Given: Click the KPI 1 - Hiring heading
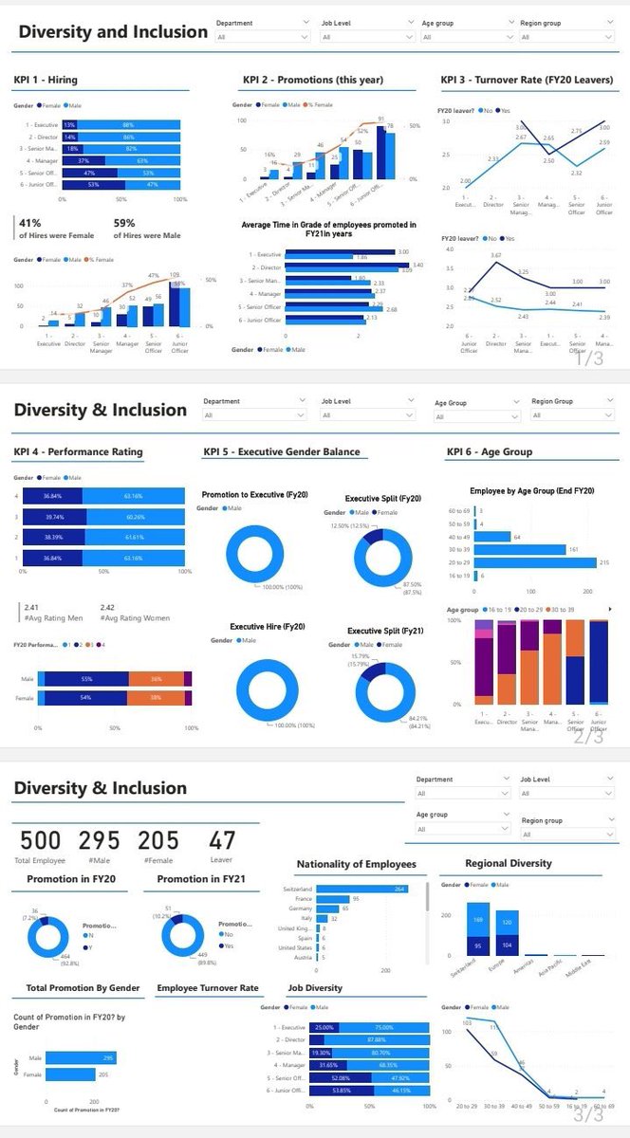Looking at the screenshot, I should click(x=46, y=81).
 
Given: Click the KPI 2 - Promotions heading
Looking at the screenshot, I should click(x=311, y=80).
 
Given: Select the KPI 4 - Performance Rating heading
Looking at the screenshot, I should click(x=78, y=451).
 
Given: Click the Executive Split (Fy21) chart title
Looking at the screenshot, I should click(x=383, y=631).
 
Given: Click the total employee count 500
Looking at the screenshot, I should click(x=40, y=840).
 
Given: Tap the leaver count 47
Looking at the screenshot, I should click(x=222, y=840).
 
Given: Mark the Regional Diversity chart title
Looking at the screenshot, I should click(x=509, y=864).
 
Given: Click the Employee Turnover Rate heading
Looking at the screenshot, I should click(x=208, y=988).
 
